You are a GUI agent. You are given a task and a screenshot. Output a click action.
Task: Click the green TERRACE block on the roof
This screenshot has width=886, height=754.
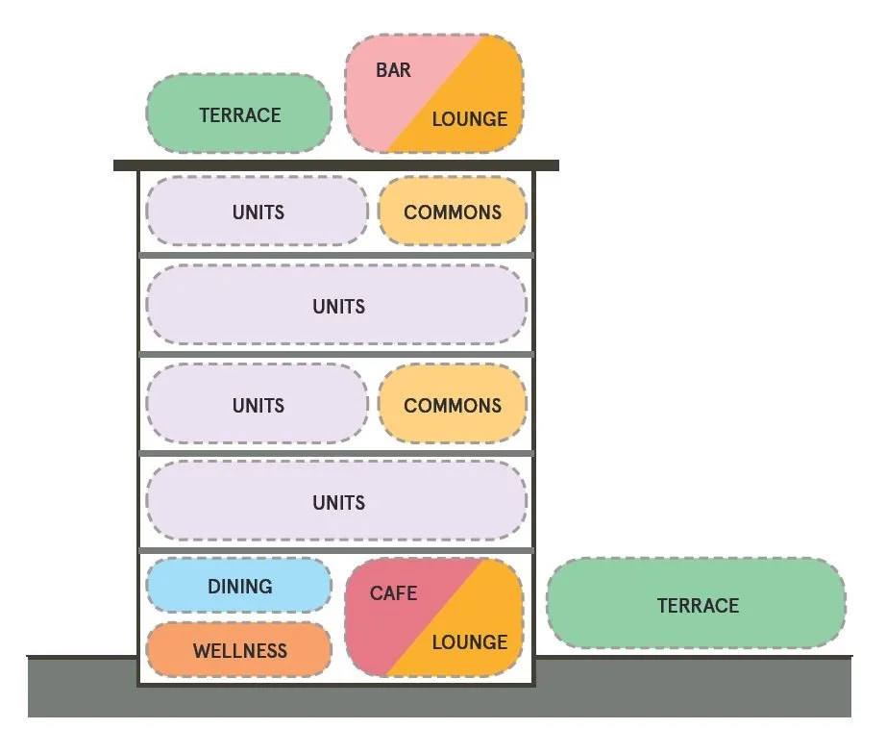tap(239, 114)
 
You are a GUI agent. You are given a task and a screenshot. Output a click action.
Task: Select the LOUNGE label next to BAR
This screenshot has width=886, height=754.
tap(469, 119)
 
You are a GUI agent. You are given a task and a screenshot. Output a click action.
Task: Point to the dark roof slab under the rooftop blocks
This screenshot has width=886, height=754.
tap(335, 165)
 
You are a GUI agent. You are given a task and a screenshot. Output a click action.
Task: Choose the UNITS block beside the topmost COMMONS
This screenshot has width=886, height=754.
tap(258, 212)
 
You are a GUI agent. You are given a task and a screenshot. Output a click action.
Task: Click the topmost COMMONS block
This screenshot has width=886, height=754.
tap(453, 212)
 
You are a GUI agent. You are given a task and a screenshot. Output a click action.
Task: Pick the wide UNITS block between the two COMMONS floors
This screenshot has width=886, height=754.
tap(337, 306)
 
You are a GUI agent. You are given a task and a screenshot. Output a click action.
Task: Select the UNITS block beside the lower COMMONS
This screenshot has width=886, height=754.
tap(258, 405)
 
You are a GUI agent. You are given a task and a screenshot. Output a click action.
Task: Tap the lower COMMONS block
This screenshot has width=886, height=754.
tap(453, 405)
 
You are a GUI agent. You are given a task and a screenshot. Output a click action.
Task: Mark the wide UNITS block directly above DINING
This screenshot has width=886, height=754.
tap(337, 502)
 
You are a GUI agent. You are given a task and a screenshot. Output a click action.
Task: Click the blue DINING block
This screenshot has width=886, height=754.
tap(239, 586)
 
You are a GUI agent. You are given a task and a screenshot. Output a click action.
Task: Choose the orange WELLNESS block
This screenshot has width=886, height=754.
tap(239, 651)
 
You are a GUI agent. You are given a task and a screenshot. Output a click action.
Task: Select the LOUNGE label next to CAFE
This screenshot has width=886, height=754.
tap(469, 642)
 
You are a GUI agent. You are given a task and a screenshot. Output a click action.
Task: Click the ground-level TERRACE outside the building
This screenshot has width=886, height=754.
tap(697, 605)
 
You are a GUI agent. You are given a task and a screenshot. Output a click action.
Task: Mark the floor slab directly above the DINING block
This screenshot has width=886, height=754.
tap(335, 550)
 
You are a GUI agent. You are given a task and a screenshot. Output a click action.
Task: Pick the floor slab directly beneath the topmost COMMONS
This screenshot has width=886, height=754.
tap(335, 256)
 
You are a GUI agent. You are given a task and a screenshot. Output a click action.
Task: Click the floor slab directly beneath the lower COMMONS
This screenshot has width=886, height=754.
tap(335, 453)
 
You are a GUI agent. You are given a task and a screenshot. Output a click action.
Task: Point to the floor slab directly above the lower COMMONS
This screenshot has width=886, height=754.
tap(335, 354)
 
